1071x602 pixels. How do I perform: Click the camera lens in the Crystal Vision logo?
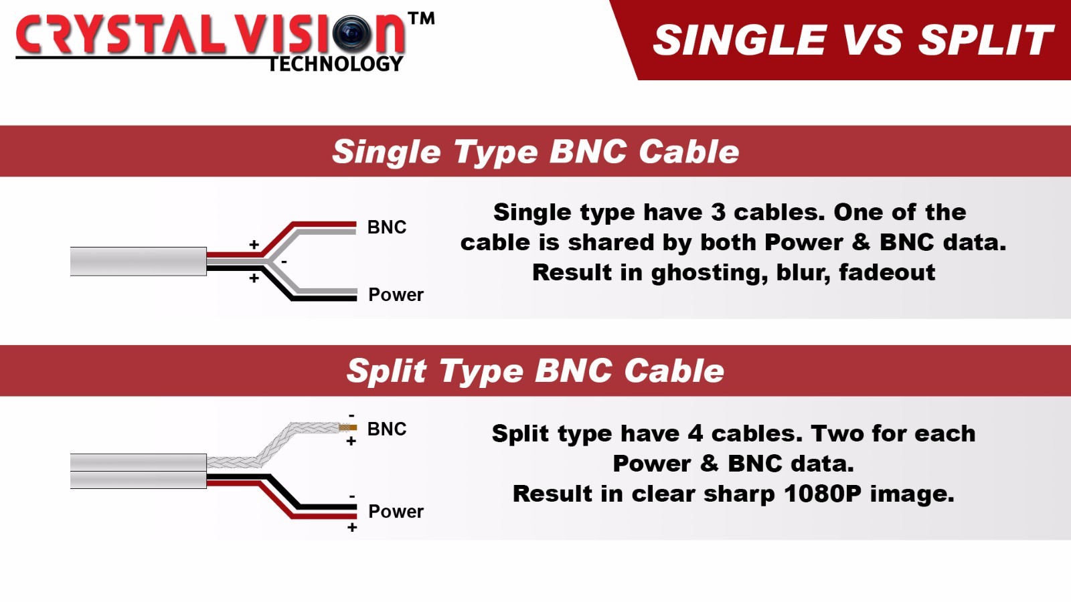[x=351, y=33]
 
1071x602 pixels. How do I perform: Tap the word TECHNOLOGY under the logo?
[x=335, y=64]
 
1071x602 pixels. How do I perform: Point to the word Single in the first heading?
[x=386, y=153]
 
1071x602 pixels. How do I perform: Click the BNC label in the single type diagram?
[x=386, y=227]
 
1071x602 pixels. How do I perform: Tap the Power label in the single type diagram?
[x=396, y=295]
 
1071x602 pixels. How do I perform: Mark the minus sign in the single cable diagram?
[x=284, y=262]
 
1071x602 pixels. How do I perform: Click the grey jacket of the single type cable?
[x=138, y=262]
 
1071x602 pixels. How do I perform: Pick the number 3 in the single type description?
[x=718, y=212]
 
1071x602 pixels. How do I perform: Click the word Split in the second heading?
[x=386, y=371]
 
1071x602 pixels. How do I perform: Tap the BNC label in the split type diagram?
[x=386, y=429]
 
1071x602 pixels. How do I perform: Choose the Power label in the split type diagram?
[x=396, y=512]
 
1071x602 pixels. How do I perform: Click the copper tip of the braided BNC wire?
[x=347, y=427]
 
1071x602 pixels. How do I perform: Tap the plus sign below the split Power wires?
[x=352, y=528]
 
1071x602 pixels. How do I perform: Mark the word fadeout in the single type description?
[x=887, y=272]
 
